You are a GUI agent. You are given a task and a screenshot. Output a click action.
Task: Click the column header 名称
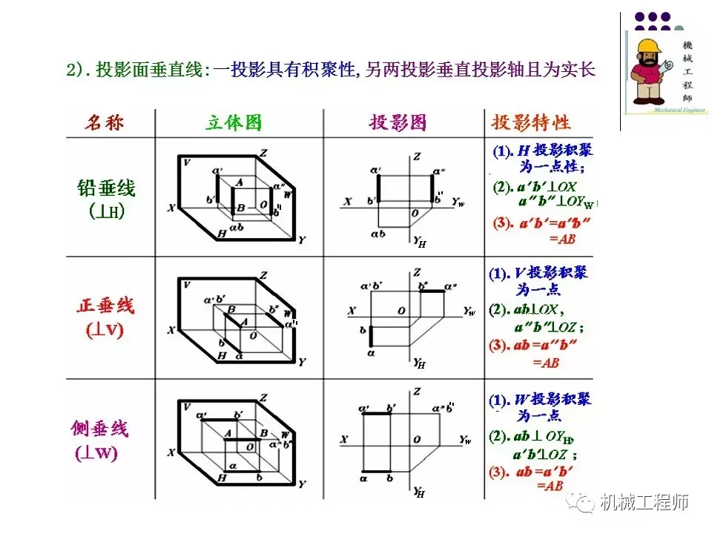[x=103, y=122]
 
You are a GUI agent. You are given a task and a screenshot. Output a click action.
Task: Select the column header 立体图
[x=234, y=122]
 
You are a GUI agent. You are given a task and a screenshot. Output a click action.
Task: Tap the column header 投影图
[x=398, y=122]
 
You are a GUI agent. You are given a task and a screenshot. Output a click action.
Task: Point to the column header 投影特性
[x=531, y=122]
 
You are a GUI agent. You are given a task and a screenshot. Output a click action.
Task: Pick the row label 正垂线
[x=105, y=306]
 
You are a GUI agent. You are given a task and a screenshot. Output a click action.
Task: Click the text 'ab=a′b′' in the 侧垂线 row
[x=544, y=471]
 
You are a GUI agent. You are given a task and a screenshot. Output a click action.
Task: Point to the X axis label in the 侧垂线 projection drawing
[x=344, y=440]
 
